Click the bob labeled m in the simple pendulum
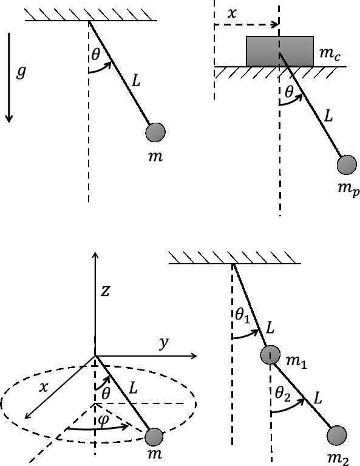(x=155, y=131)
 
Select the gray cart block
(x=279, y=50)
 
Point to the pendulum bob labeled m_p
(x=346, y=165)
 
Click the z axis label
(x=105, y=291)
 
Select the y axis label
(x=163, y=344)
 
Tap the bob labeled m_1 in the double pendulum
(x=271, y=355)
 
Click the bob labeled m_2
(x=336, y=436)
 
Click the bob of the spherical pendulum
(x=154, y=437)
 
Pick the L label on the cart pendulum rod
(x=328, y=115)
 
